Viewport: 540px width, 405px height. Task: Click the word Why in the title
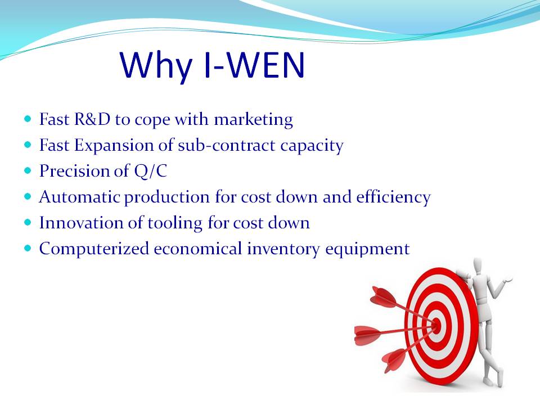pos(156,66)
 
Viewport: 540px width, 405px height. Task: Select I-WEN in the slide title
pos(254,65)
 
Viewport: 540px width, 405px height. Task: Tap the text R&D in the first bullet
pos(92,119)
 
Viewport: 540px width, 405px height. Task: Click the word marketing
pos(254,120)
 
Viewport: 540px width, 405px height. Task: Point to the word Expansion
pos(114,146)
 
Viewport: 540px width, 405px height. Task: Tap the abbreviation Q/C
pos(151,171)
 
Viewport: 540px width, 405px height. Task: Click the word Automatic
pos(80,197)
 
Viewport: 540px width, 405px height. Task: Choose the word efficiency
pos(393,197)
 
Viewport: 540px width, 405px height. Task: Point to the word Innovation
pos(81,223)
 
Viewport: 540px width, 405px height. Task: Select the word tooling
pos(175,223)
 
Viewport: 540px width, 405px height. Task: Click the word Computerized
pos(94,249)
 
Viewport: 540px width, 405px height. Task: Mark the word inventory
pos(283,249)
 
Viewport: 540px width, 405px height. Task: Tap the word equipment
pos(367,249)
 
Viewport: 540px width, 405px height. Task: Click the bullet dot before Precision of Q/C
pos(28,171)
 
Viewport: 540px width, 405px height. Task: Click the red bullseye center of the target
pos(436,325)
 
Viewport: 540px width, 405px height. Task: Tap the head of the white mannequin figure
pos(477,266)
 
